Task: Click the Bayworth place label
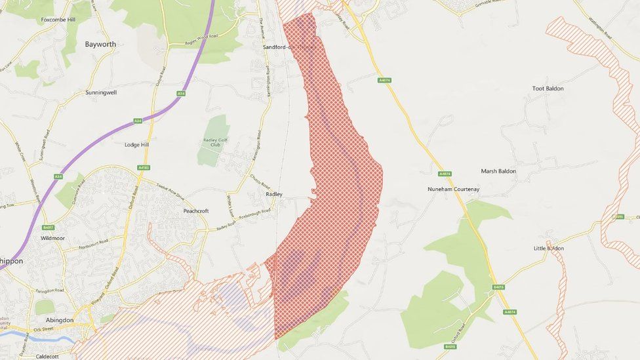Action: (100, 45)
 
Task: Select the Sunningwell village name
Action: (101, 92)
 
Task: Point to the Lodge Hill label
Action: (136, 144)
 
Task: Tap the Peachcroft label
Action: (196, 210)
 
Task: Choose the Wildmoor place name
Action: (52, 238)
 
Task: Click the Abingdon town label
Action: (59, 320)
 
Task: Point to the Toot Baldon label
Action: (548, 89)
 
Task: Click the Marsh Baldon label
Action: (498, 171)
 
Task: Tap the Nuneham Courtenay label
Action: (453, 190)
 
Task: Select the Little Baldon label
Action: (548, 248)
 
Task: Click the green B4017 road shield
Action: (48, 228)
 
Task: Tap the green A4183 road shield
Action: (144, 167)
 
